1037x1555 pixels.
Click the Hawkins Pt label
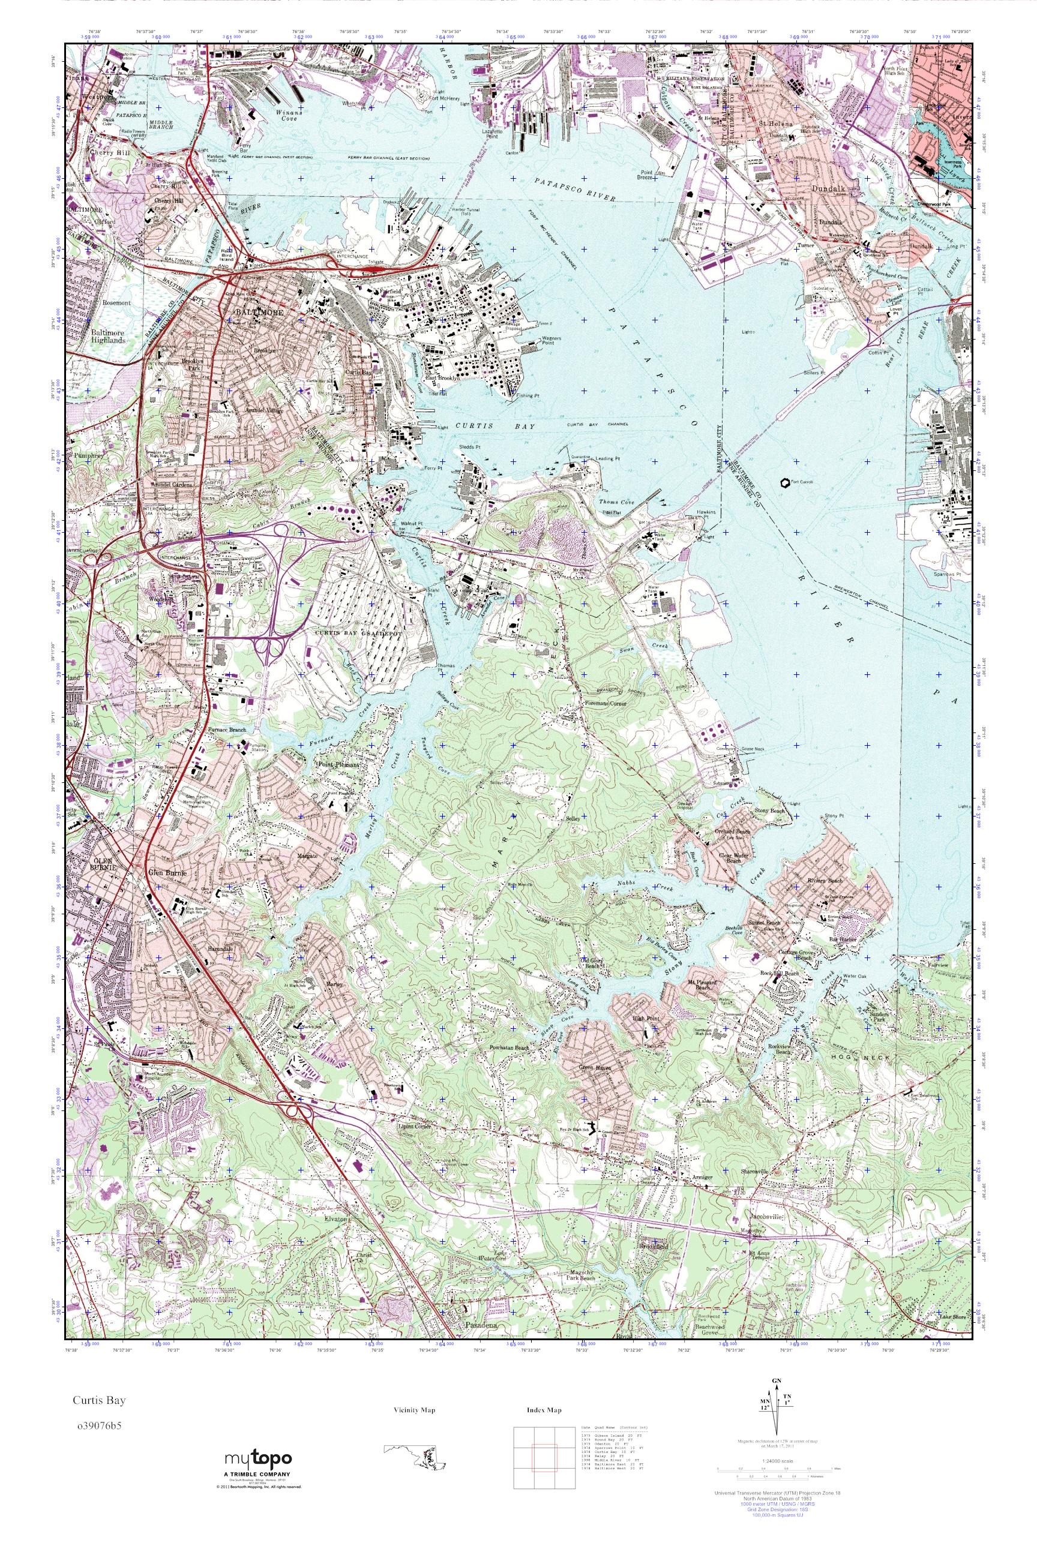pyautogui.click(x=709, y=512)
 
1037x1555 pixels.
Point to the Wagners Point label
pyautogui.click(x=552, y=341)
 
